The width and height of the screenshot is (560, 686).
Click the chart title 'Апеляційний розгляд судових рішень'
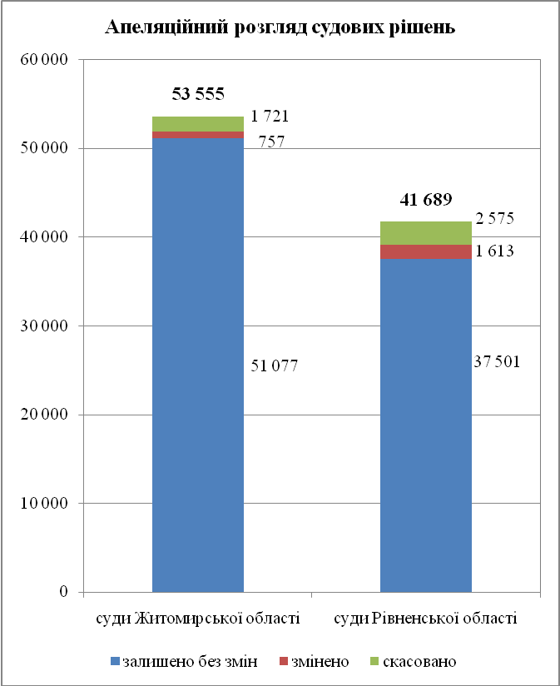[x=280, y=27]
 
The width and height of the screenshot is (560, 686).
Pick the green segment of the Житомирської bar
[x=198, y=124]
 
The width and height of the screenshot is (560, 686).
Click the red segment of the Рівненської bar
[x=426, y=251]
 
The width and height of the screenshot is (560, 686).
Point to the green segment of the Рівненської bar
[x=426, y=233]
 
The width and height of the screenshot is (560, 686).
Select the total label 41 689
[x=426, y=200]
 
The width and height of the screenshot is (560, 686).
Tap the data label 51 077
[x=274, y=365]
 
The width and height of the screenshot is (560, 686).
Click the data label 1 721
[x=270, y=117]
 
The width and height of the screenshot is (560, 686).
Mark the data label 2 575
[x=494, y=220]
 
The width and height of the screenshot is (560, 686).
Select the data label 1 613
[x=494, y=250]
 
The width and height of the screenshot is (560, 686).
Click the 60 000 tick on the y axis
[x=46, y=60]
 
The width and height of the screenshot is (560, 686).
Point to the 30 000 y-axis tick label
[x=46, y=326]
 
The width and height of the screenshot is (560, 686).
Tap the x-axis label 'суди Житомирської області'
[x=197, y=619]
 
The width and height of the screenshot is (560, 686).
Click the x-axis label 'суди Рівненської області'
[x=425, y=619]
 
